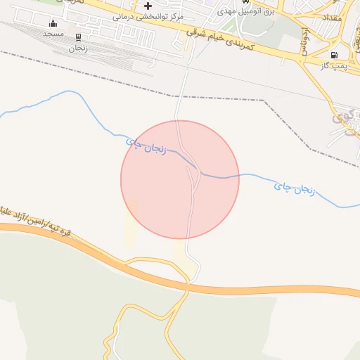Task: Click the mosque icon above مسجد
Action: click(x=52, y=23)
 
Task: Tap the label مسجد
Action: click(x=53, y=34)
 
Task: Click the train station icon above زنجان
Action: click(x=77, y=38)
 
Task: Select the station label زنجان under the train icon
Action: click(x=77, y=49)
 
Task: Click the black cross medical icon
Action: click(x=148, y=6)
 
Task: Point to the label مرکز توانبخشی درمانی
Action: click(x=148, y=15)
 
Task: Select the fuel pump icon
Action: click(x=333, y=54)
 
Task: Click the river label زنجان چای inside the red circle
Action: click(x=146, y=146)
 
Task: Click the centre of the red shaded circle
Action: click(x=180, y=179)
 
